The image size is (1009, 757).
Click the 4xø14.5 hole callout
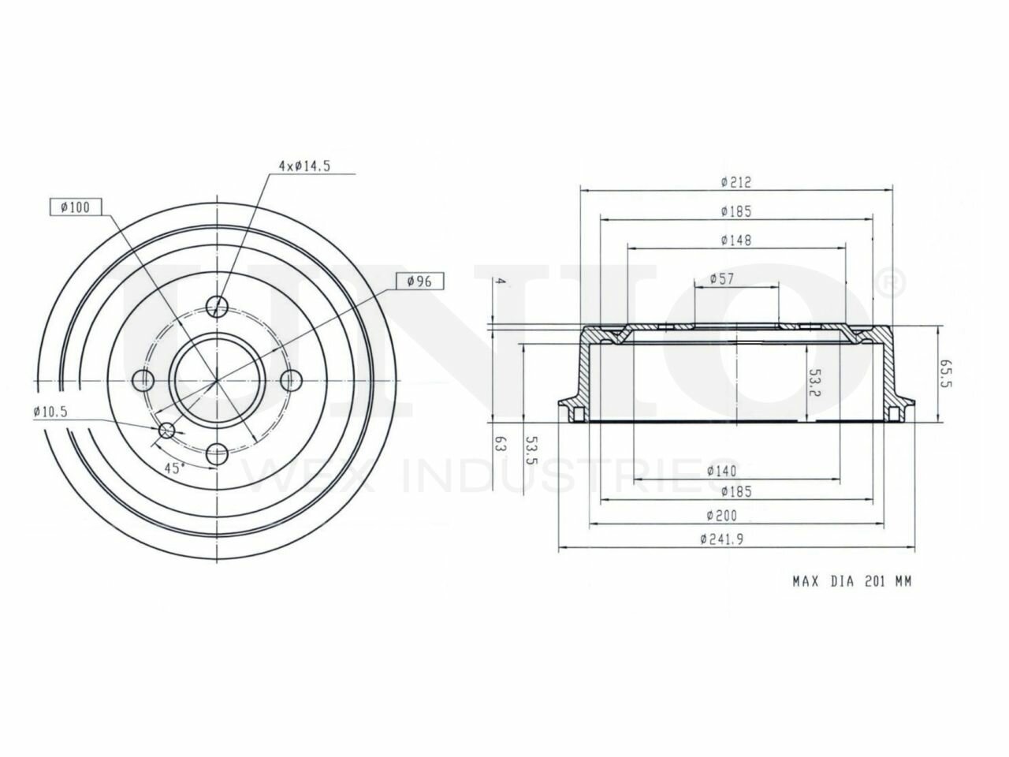pos(304,166)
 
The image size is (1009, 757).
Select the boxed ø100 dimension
pos(76,207)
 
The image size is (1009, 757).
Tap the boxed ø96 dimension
pos(419,281)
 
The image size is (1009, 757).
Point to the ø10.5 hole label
pos(50,412)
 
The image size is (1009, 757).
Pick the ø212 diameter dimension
pos(736,182)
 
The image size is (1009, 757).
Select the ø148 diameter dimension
pos(736,240)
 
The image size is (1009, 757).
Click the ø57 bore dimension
pos(722,278)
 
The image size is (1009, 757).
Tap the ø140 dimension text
pos(722,471)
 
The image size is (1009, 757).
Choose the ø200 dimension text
pos(722,515)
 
